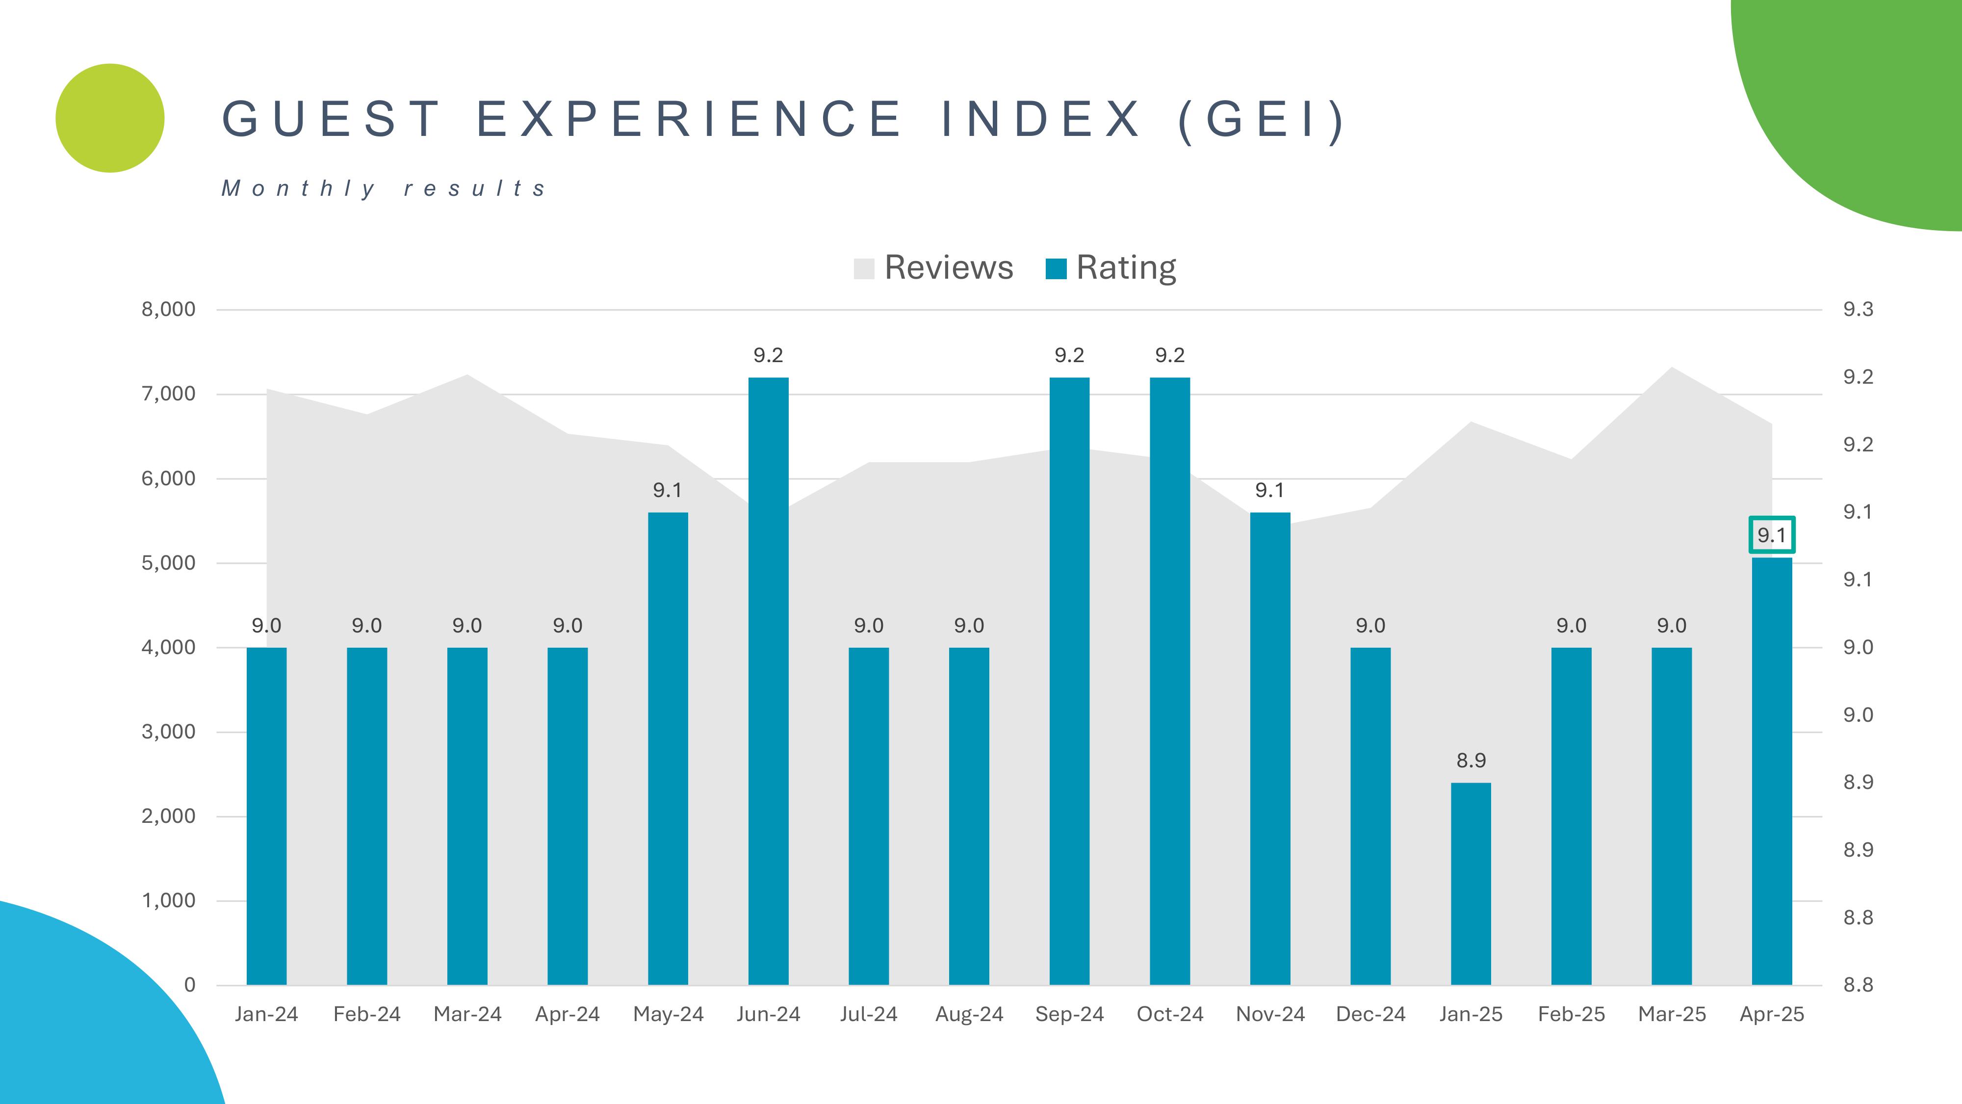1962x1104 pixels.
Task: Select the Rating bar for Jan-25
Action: [1471, 883]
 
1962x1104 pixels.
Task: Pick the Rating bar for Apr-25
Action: [1772, 770]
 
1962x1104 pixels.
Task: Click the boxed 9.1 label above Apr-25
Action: [1772, 535]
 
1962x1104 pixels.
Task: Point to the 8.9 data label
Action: [1471, 761]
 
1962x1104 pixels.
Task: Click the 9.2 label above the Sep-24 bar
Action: [1069, 355]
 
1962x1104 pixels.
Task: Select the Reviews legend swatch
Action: [864, 269]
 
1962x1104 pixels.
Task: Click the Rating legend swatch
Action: [1056, 269]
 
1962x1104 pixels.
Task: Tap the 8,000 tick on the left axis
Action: [168, 309]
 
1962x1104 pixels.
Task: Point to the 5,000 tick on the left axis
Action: [168, 563]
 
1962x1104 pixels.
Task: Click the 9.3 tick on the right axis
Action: [1858, 309]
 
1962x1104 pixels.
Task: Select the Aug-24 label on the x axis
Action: [969, 1014]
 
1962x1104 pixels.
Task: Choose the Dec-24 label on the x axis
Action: [1370, 1014]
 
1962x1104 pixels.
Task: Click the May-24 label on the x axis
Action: [668, 1014]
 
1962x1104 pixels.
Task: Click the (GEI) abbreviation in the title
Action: [1261, 120]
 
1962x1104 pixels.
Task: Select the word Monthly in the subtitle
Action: [299, 188]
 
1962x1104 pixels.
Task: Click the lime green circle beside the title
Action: [110, 118]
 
